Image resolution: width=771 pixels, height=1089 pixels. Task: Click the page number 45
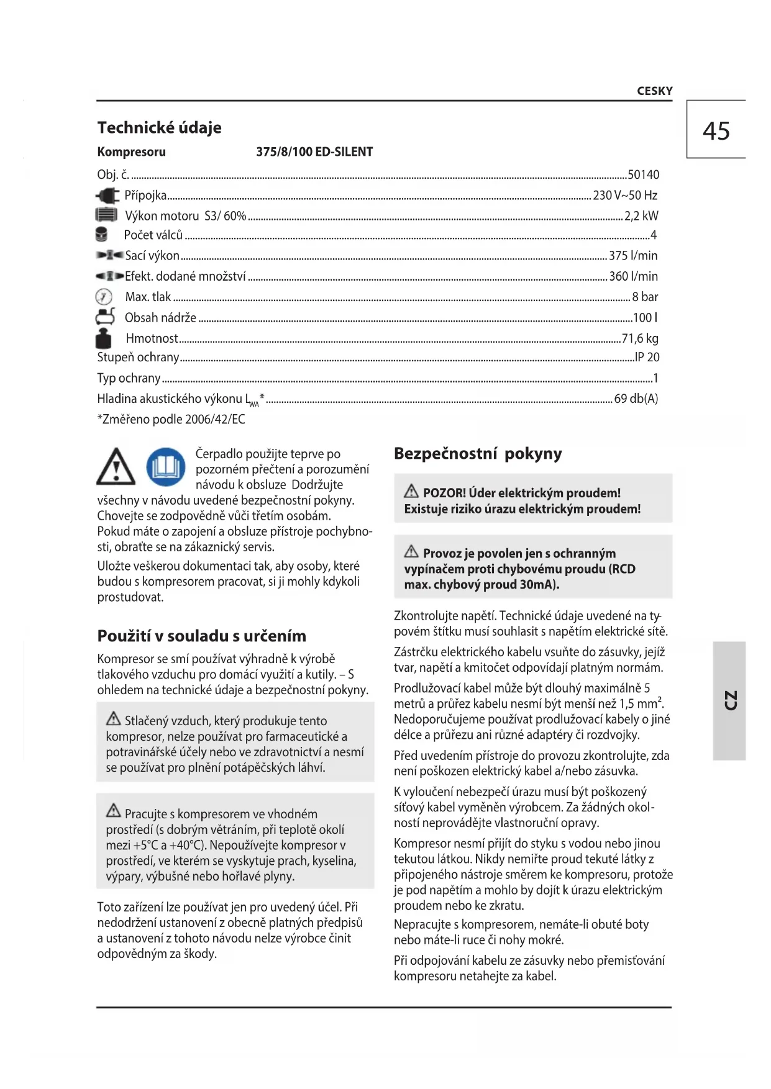click(716, 131)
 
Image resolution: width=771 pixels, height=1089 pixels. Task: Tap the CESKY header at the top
click(654, 91)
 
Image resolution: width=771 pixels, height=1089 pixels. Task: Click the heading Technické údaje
click(159, 128)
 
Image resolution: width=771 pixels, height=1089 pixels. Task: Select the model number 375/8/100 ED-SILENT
click(314, 152)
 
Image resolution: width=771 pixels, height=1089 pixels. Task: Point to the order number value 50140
click(643, 175)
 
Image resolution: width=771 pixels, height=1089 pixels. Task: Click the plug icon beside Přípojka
click(107, 196)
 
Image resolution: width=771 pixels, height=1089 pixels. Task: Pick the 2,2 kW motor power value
click(641, 216)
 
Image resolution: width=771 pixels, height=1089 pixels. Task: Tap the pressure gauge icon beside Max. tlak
click(104, 297)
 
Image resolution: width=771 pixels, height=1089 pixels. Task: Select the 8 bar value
click(645, 297)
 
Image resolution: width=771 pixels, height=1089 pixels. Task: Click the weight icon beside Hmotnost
click(104, 338)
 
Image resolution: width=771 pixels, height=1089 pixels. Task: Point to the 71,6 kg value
click(640, 338)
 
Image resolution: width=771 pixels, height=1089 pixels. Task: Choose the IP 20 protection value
click(647, 358)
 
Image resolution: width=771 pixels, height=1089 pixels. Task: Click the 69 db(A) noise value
click(636, 399)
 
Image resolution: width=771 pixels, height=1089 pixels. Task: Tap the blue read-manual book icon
click(166, 467)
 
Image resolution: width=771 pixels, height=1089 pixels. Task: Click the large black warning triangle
click(116, 468)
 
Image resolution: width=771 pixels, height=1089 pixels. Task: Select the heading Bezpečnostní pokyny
click(478, 454)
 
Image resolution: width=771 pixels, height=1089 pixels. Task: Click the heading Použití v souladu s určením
click(201, 636)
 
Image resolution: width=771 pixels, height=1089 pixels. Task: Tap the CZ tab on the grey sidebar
click(730, 700)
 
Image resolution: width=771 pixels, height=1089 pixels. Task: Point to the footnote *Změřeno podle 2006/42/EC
click(171, 420)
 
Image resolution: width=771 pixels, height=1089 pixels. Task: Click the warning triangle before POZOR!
click(411, 492)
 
